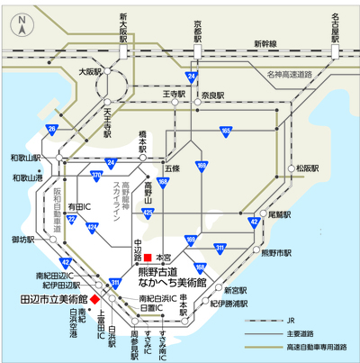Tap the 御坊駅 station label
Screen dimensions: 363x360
tap(22, 240)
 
